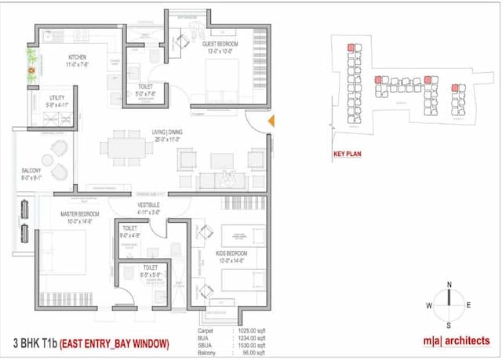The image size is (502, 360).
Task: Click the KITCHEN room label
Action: coord(78,57)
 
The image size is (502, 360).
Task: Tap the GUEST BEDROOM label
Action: coord(220,44)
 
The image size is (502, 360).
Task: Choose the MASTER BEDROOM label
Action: coord(80,213)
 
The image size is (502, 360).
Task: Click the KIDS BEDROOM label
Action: coord(232,253)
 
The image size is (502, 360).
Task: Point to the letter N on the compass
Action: coord(449,284)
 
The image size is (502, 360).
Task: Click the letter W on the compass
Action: coord(430,305)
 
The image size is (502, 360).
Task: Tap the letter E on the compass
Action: coord(468,305)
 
